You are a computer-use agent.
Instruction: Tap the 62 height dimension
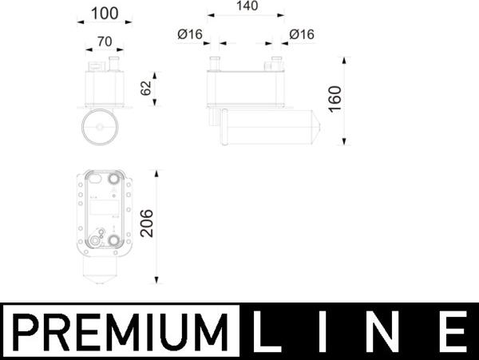tap(145, 89)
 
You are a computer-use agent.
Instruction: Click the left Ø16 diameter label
tap(192, 34)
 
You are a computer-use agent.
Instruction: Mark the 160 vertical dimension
tap(335, 99)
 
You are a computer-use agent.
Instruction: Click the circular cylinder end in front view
tap(101, 127)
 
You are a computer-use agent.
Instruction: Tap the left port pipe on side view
tap(214, 63)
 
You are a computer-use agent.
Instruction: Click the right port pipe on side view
tap(276, 63)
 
